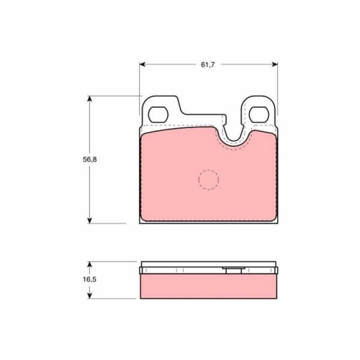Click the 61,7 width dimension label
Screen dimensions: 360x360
pos(207,65)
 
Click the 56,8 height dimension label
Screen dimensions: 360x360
pos(90,160)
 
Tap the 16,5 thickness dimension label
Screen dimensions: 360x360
pos(89,279)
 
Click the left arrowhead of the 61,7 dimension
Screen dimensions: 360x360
pos(143,64)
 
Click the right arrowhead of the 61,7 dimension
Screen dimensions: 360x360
pos(274,64)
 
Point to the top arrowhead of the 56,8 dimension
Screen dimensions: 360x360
pos(89,99)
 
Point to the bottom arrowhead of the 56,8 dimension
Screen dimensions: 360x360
pos(89,220)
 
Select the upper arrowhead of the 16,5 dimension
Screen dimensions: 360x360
pos(89,264)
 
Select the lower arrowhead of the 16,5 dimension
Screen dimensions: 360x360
pos(89,296)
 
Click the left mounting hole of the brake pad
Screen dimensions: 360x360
pos(158,114)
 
